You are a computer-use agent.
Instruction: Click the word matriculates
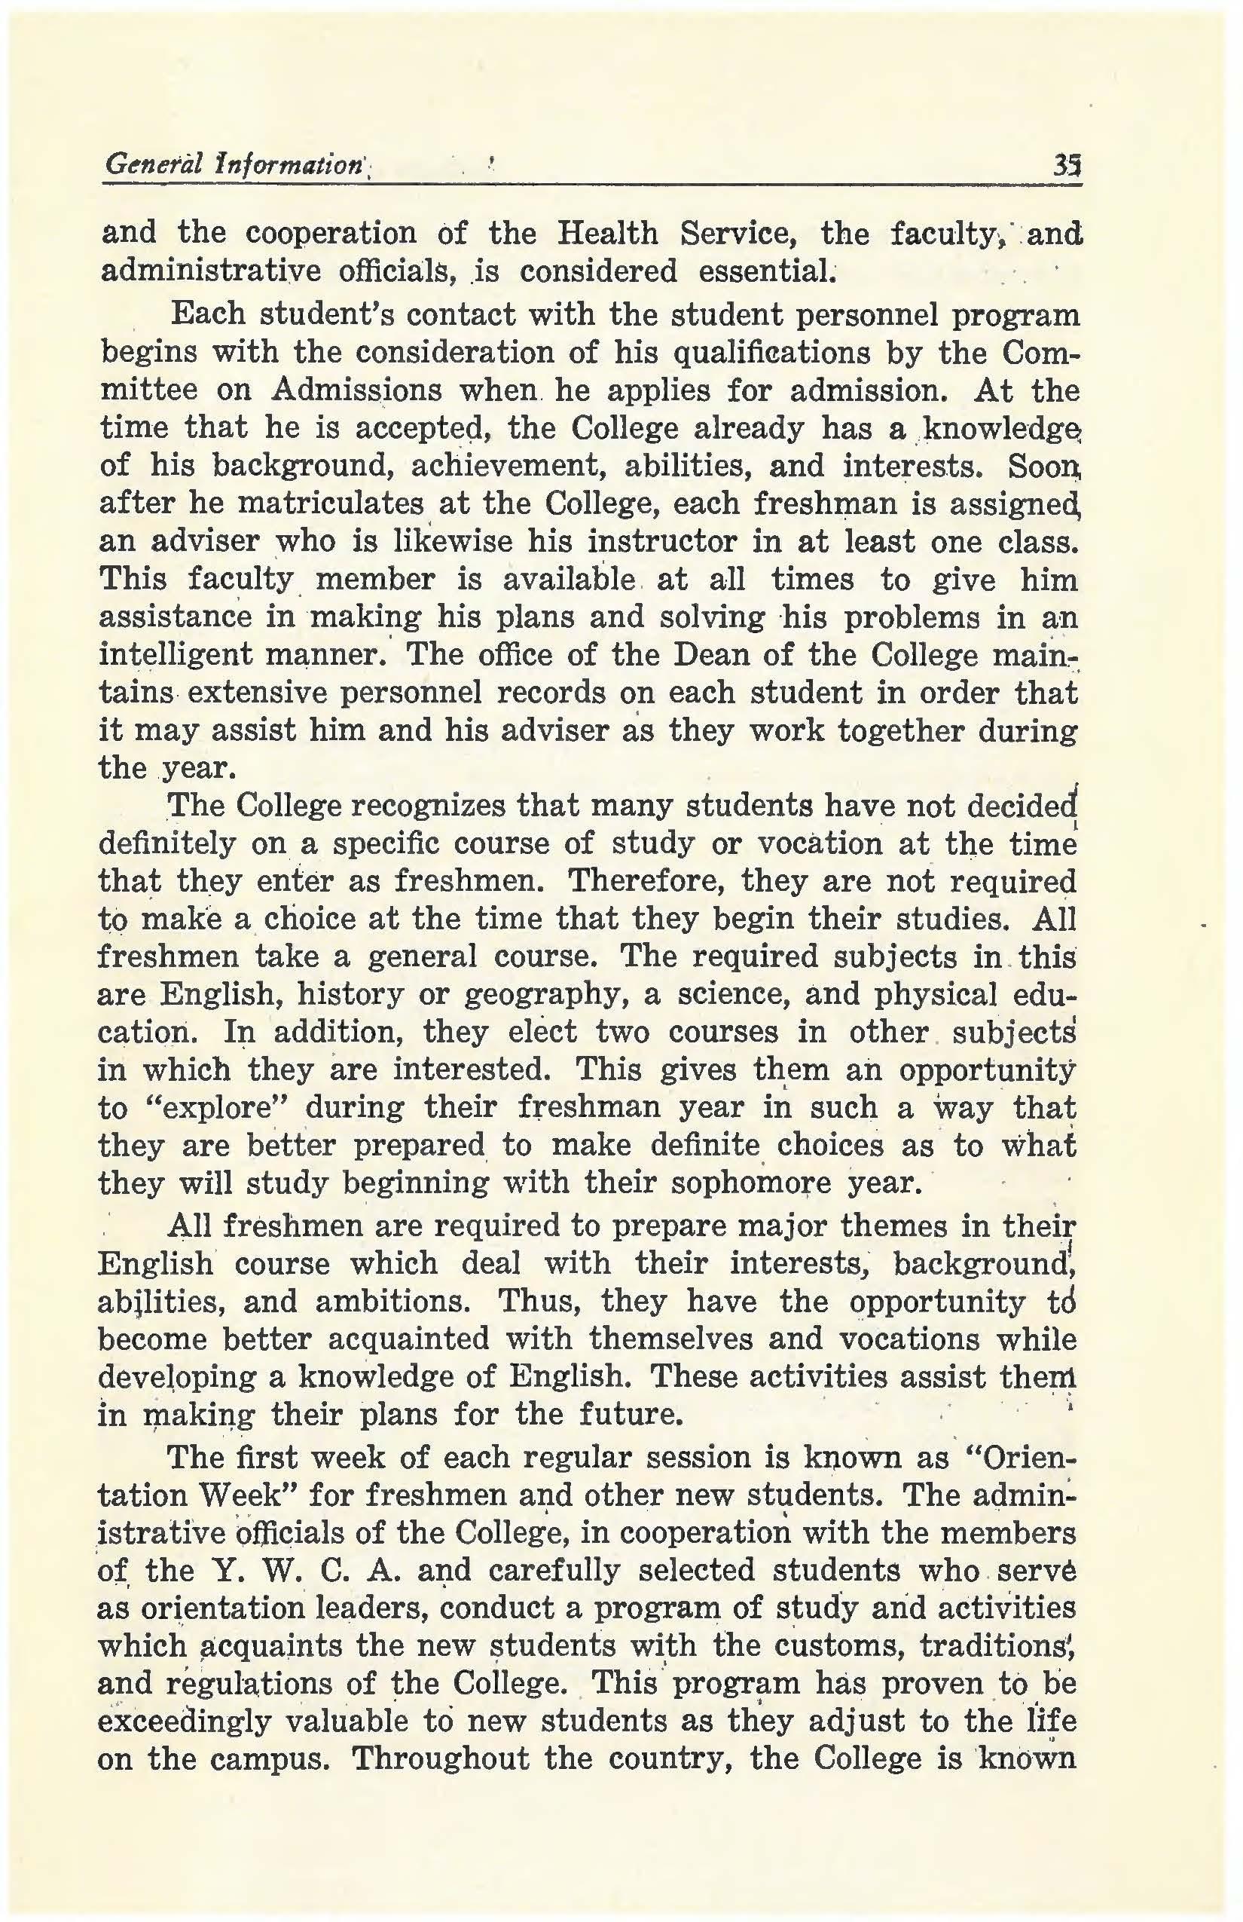point(331,504)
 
